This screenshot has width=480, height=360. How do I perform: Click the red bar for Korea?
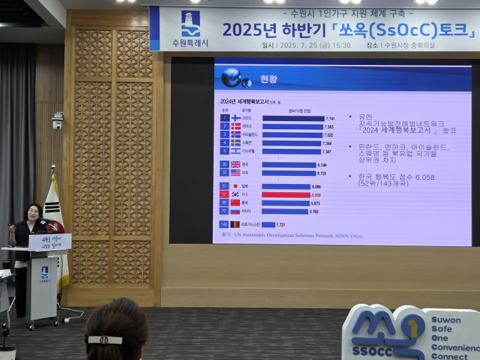pyautogui.click(x=286, y=195)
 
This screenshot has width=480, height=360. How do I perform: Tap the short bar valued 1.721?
pyautogui.click(x=268, y=225)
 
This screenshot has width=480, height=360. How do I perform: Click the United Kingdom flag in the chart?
pyautogui.click(x=235, y=164)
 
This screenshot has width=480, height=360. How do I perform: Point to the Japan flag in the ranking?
pyautogui.click(x=235, y=186)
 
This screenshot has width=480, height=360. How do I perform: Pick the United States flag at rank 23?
pyautogui.click(x=235, y=173)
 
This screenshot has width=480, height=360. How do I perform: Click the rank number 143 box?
pyautogui.click(x=224, y=225)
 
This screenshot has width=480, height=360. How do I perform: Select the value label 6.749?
pyautogui.click(x=322, y=165)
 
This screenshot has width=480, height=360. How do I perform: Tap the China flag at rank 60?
pyautogui.click(x=235, y=203)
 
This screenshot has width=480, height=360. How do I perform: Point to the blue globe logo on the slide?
pyautogui.click(x=232, y=78)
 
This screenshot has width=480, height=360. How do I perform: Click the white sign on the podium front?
pyautogui.click(x=49, y=242)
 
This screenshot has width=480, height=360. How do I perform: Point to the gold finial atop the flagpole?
pyautogui.click(x=53, y=170)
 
